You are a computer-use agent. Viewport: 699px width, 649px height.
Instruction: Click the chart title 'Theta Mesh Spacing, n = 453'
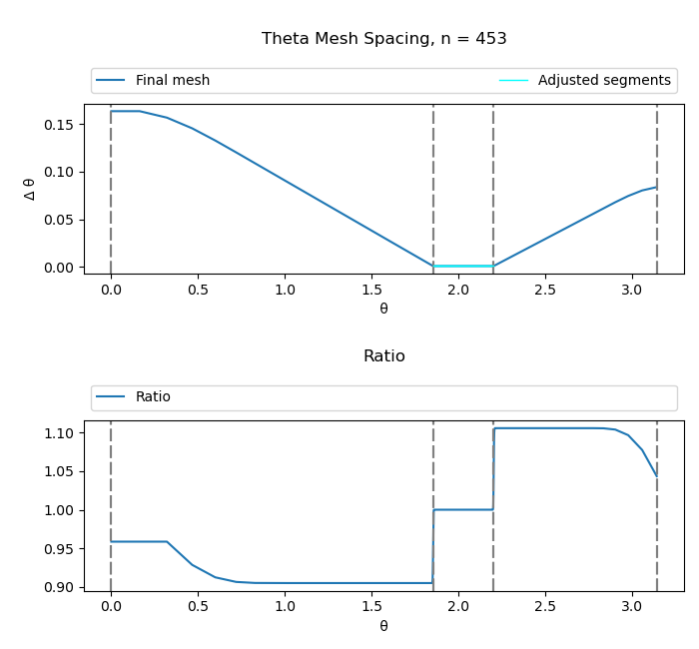[x=384, y=39]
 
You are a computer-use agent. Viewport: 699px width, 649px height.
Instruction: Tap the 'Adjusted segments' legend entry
[x=603, y=81]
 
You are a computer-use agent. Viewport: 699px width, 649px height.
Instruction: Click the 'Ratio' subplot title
[x=384, y=356]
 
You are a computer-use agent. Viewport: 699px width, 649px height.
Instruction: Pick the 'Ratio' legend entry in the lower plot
[x=153, y=397]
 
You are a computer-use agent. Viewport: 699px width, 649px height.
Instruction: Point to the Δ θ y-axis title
[x=30, y=189]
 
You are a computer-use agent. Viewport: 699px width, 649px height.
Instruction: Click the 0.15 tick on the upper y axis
[x=59, y=125]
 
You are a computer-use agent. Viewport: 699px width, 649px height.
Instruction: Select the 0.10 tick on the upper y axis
[x=59, y=172]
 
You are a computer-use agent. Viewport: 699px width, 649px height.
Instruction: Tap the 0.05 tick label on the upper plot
[x=59, y=220]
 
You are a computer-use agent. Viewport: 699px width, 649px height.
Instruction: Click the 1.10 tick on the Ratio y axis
[x=59, y=433]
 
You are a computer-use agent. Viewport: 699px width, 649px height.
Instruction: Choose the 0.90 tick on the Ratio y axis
[x=59, y=587]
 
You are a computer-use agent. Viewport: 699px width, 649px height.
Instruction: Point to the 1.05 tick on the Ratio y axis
[x=59, y=471]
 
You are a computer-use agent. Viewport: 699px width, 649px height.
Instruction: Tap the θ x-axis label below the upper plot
[x=383, y=309]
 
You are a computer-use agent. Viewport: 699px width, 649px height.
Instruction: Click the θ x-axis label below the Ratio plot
[x=383, y=626]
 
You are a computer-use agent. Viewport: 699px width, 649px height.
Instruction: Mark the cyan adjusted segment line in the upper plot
[x=463, y=266]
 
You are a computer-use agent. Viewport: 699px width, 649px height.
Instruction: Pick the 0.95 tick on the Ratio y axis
[x=59, y=549]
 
